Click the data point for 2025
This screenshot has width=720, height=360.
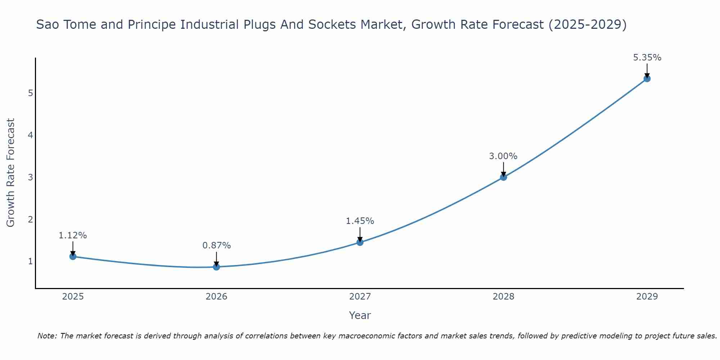point(73,256)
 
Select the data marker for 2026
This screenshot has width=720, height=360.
point(216,267)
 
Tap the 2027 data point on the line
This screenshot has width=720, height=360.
point(360,242)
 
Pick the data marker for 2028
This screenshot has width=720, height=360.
point(503,177)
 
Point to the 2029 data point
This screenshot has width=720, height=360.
point(647,78)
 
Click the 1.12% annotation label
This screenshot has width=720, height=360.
point(73,235)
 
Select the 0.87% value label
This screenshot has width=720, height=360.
point(216,246)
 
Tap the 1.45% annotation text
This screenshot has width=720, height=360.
point(360,221)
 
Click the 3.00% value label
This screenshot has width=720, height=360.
point(503,156)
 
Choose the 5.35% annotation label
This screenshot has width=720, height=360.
point(647,58)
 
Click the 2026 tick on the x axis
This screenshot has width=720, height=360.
point(216,297)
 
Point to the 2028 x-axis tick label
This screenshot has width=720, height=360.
point(503,297)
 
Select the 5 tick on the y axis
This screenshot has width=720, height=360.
point(31,93)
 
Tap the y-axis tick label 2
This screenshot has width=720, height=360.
point(31,219)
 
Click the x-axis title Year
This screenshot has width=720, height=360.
point(360,315)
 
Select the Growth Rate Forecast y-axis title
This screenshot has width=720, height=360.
point(11,173)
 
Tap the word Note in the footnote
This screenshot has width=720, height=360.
point(47,336)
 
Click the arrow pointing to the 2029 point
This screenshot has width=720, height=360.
point(647,70)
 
